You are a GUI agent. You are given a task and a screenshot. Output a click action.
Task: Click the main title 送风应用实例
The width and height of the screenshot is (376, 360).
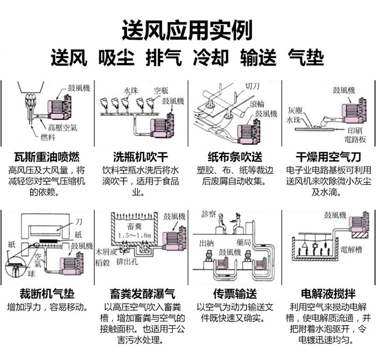187,30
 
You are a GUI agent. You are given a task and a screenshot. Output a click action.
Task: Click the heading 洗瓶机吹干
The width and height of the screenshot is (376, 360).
141,156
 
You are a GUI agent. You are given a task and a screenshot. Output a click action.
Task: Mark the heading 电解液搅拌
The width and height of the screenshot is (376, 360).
329,293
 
